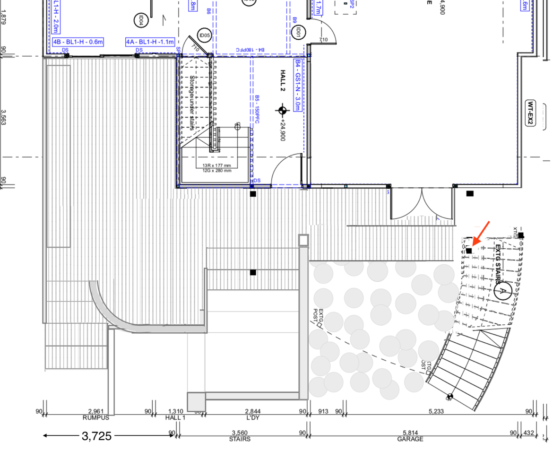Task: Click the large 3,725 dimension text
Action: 96,436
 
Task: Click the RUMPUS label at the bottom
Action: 96,418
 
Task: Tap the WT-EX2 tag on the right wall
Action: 531,113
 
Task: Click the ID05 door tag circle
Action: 205,35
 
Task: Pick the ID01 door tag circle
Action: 298,32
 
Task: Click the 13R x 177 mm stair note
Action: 217,165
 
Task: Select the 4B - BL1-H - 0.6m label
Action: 78,42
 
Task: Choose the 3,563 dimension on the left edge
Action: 4,119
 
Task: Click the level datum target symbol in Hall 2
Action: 283,111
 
